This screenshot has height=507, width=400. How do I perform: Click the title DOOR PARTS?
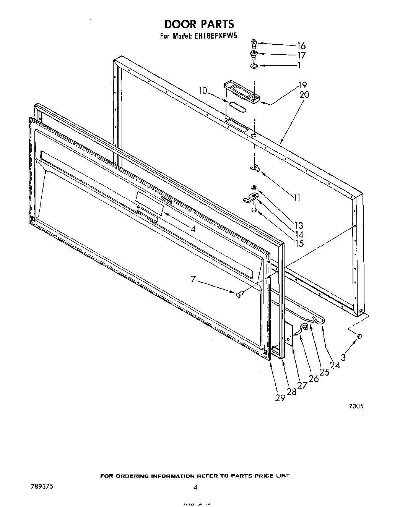coord(199,24)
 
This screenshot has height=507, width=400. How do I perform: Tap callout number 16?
coord(301,46)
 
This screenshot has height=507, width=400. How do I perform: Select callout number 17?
coord(301,55)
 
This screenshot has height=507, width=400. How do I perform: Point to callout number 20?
coord(304,95)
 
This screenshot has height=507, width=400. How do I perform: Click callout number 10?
coord(203,91)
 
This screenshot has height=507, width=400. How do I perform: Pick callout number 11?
coord(297,198)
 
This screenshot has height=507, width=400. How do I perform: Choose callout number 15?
coord(299,243)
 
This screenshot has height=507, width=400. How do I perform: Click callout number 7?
coord(193,280)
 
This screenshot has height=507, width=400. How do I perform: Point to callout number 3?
coord(343,358)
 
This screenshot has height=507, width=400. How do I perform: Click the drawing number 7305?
coord(356,407)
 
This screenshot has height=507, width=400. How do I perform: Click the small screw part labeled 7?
coord(239,294)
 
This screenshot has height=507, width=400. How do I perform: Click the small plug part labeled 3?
coord(360,336)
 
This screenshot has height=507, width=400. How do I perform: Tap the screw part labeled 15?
coord(254,207)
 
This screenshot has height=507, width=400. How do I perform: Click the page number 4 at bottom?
coord(195,487)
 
